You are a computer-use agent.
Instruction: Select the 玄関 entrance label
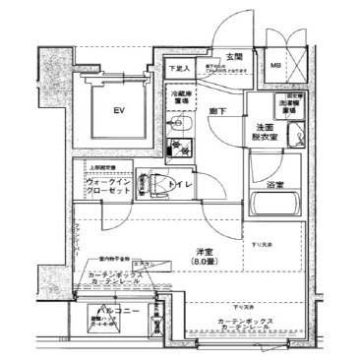[234, 57]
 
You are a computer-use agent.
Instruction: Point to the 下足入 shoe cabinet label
[176, 68]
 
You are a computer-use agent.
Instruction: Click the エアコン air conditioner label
[141, 265]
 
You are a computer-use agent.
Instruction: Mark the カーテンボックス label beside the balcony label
[118, 274]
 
